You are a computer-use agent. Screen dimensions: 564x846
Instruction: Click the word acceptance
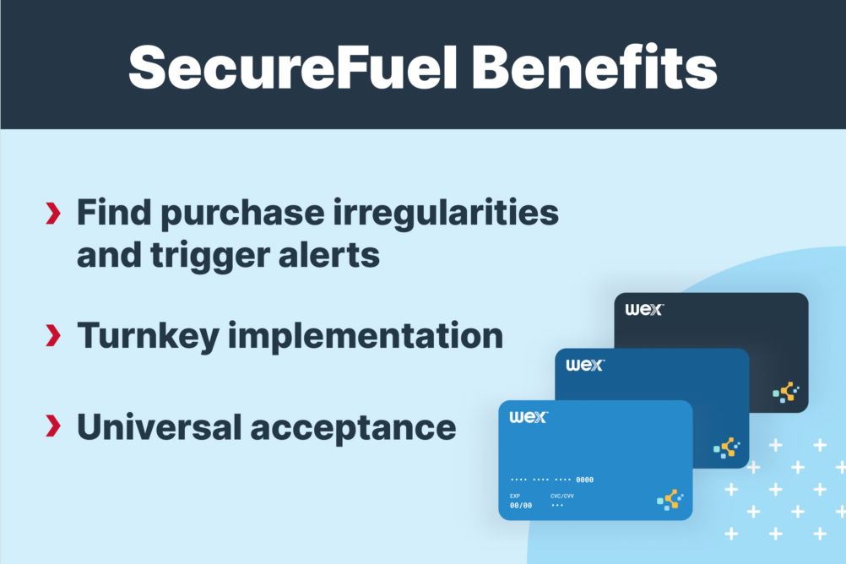354,427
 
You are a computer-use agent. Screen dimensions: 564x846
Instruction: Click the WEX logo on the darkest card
644,309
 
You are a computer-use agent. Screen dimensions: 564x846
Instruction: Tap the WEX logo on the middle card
585,365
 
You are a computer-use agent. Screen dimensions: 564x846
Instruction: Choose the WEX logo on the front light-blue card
529,417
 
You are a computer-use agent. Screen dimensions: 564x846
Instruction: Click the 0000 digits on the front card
584,480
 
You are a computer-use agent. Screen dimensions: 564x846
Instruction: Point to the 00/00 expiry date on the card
521,505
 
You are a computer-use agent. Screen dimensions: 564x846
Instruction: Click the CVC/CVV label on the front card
561,496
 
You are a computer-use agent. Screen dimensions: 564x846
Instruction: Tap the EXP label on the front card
515,496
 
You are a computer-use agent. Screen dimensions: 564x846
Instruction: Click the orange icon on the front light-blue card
670,500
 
